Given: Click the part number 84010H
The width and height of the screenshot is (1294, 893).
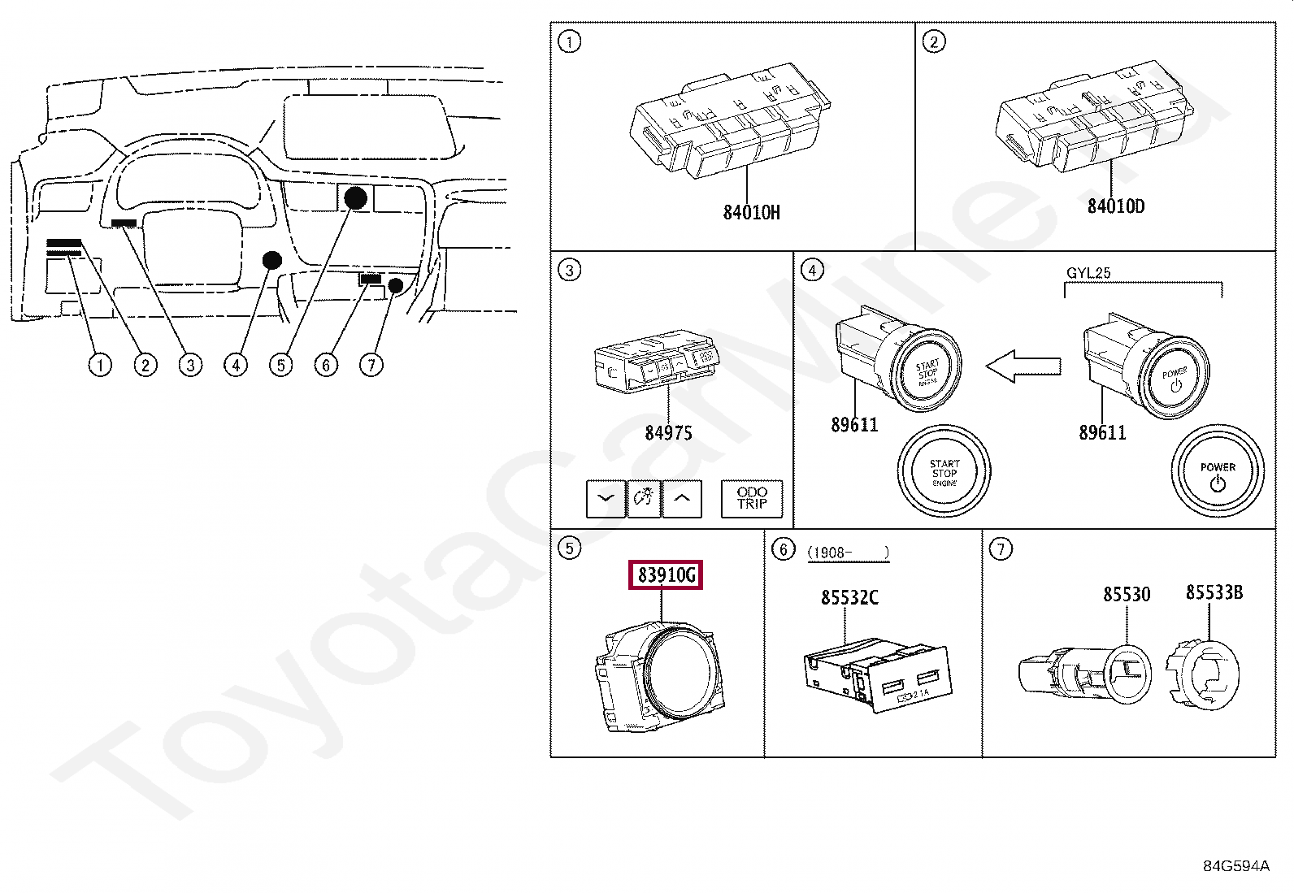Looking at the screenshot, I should pyautogui.click(x=751, y=213).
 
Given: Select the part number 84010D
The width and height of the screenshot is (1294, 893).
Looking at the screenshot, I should pyautogui.click(x=1116, y=207).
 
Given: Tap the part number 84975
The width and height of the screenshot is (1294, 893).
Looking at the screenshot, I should pyautogui.click(x=668, y=433).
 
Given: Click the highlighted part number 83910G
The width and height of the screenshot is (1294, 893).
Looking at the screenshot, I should pyautogui.click(x=667, y=575).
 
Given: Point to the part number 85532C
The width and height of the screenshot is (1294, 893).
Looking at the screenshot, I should pyautogui.click(x=849, y=598).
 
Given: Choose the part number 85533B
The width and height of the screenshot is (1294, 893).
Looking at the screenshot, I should pyautogui.click(x=1214, y=592).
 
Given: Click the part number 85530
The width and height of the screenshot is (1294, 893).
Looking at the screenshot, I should pyautogui.click(x=1127, y=595).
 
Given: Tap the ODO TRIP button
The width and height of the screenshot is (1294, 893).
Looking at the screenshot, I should pyautogui.click(x=752, y=498).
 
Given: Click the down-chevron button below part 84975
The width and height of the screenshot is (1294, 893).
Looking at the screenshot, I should pyautogui.click(x=606, y=498).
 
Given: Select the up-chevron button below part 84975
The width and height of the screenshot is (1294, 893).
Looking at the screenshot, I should pyautogui.click(x=682, y=498).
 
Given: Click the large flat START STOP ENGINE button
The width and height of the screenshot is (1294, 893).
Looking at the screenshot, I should pyautogui.click(x=944, y=472).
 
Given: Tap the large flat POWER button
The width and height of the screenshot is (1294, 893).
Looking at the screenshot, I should pyautogui.click(x=1217, y=472).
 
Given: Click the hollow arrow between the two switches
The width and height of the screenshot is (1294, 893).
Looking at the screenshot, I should pyautogui.click(x=1023, y=366).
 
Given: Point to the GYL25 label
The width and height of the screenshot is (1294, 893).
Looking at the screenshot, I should pyautogui.click(x=1088, y=273).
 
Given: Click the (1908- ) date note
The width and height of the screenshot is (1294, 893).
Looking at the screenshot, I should pyautogui.click(x=848, y=553).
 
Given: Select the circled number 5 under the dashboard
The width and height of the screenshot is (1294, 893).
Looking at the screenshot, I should pyautogui.click(x=281, y=365).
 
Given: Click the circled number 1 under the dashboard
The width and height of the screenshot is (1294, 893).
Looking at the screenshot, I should pyautogui.click(x=100, y=365).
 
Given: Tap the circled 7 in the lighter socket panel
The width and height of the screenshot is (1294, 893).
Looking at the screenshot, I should pyautogui.click(x=1001, y=549).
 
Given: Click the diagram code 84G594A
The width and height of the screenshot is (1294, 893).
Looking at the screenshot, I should pyautogui.click(x=1235, y=866).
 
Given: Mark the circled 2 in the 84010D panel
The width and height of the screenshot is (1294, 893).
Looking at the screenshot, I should pyautogui.click(x=934, y=41).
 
